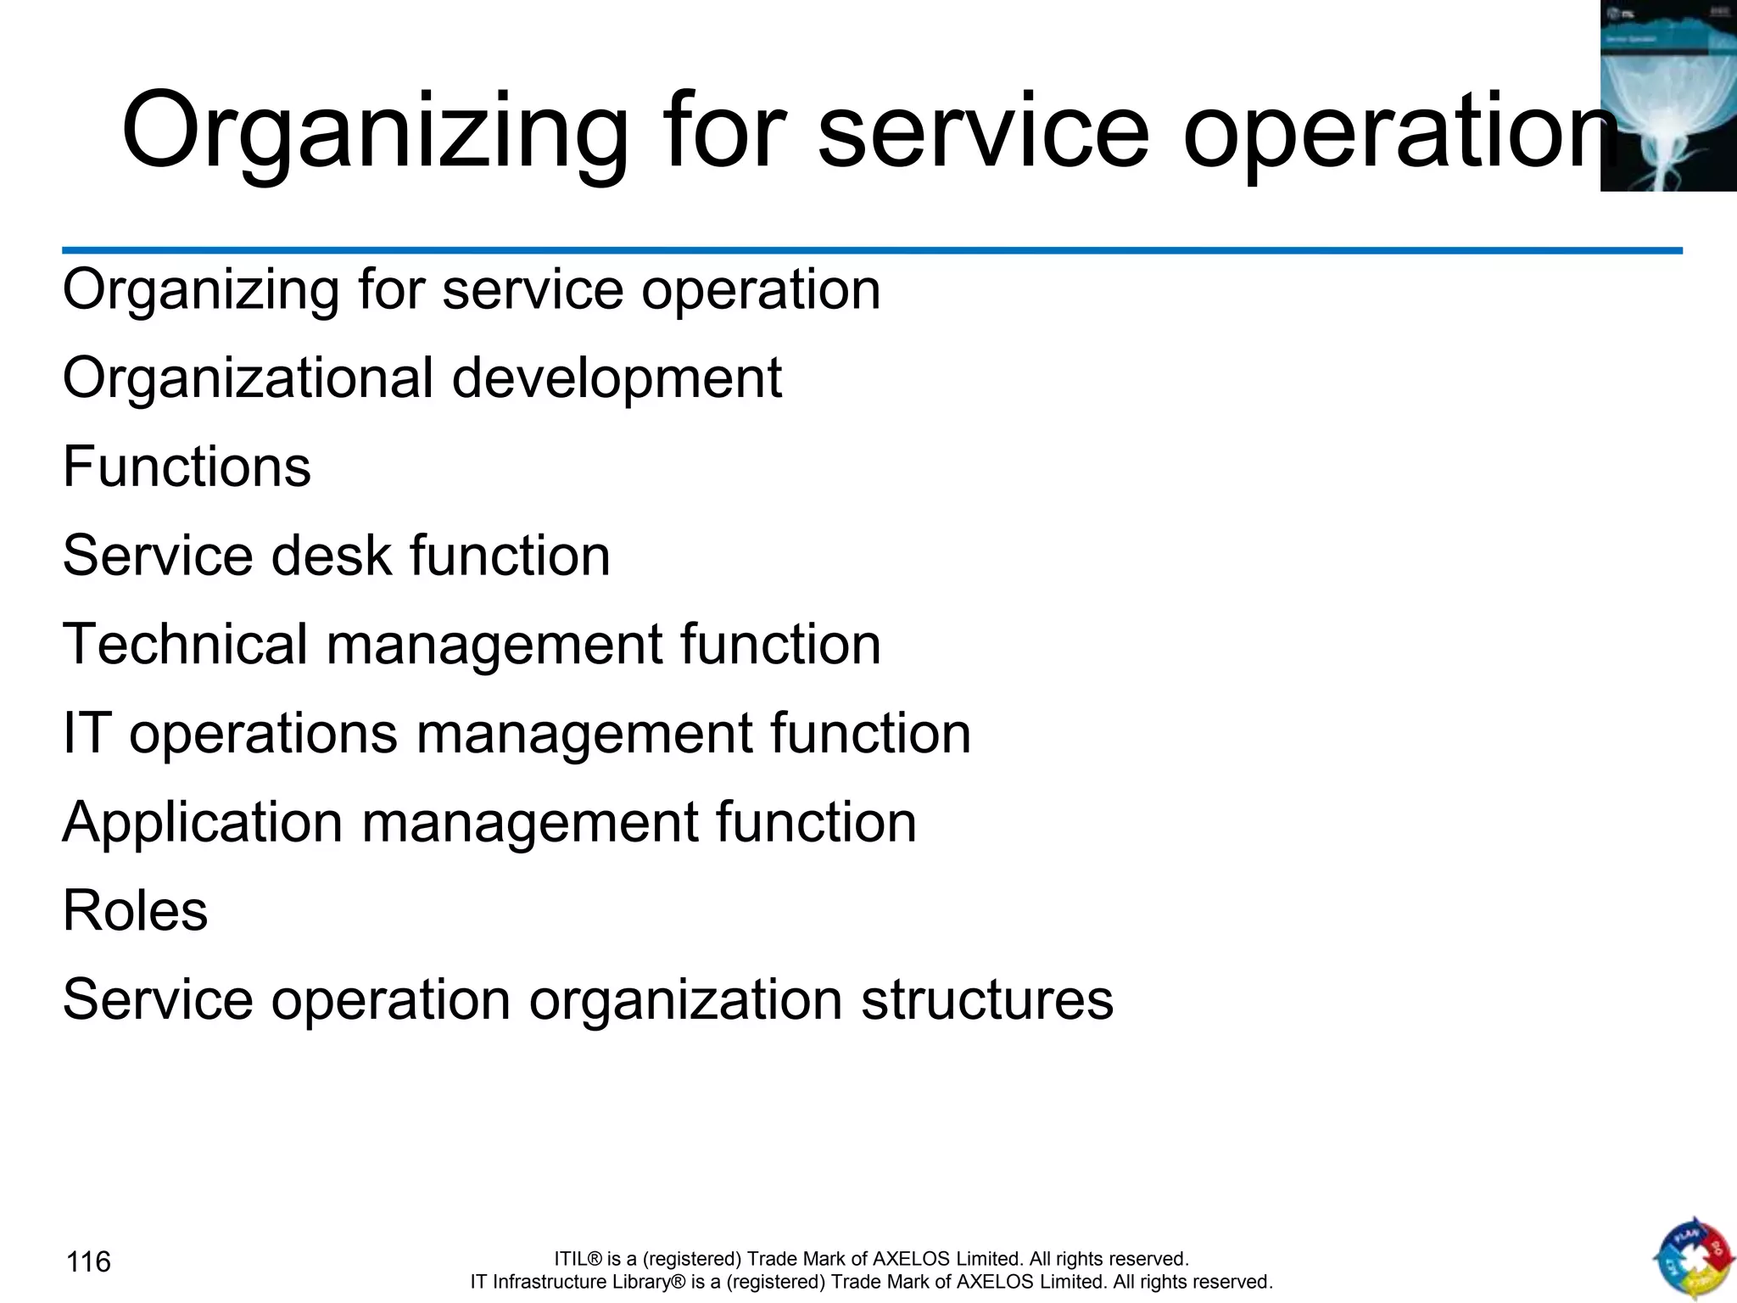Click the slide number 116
(88, 1262)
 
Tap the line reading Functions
(187, 467)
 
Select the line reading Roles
(135, 911)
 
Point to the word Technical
(185, 644)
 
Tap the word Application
(202, 822)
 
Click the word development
(617, 378)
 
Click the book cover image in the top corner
(1667, 95)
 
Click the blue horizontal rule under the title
(872, 251)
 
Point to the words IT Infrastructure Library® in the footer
(578, 1282)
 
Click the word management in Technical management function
(493, 644)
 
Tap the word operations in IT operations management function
(263, 733)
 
